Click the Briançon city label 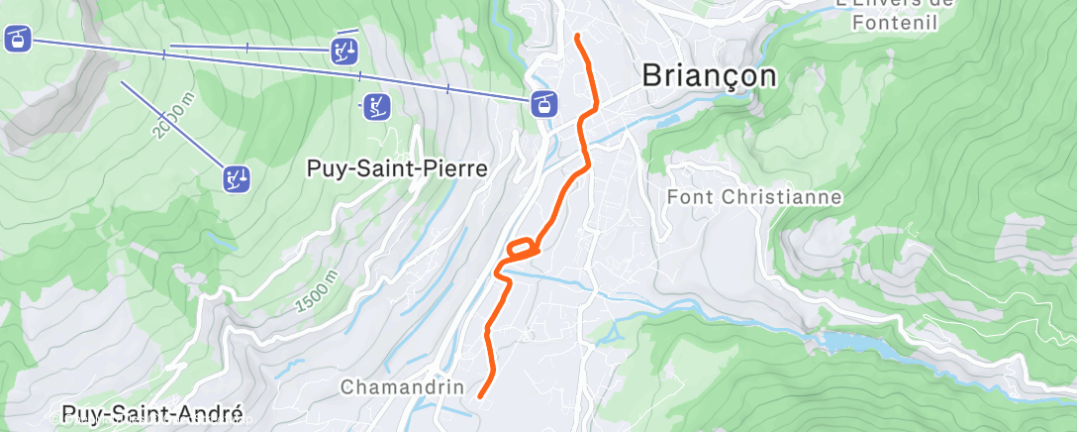point(710,75)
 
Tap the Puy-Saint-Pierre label point(396,169)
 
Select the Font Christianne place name point(754,196)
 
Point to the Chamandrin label point(402,387)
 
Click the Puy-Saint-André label point(151,413)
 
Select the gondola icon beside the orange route point(543,102)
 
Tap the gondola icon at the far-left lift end point(18,40)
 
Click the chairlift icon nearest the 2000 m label point(236,178)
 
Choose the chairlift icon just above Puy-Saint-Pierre point(375,106)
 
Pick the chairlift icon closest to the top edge point(343,51)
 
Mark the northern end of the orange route point(578,37)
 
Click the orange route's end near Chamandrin point(480,396)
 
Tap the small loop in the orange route point(524,248)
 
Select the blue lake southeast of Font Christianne point(841,341)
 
